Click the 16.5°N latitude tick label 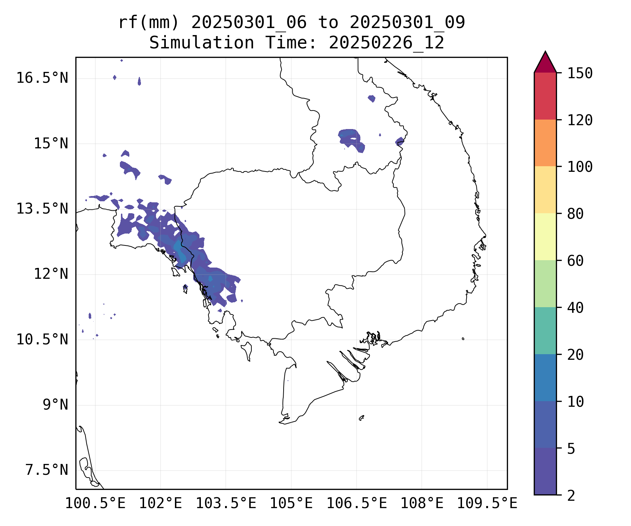tap(42, 78)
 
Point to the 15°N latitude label tap(51, 144)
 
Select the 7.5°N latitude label tap(47, 470)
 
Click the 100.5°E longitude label tap(95, 504)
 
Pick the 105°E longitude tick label tap(291, 504)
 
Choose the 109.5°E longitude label tap(487, 504)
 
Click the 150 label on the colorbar tap(580, 73)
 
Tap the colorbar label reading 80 tap(575, 214)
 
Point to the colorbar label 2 tap(571, 496)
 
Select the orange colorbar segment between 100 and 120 tap(545, 143)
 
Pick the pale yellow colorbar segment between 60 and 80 tap(545, 237)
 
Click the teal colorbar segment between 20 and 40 tap(545, 331)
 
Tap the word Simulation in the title tap(202, 43)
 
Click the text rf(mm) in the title tap(149, 23)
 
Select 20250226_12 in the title tap(386, 43)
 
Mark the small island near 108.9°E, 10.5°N tap(463, 339)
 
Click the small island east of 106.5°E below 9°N tap(361, 418)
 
